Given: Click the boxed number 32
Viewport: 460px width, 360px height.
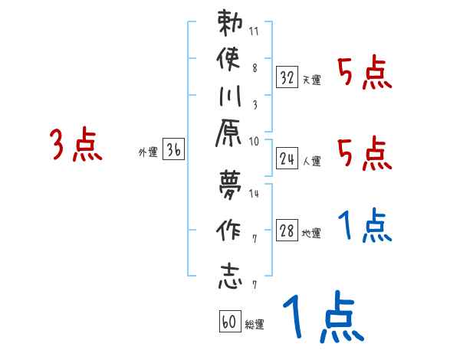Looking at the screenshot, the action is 287,77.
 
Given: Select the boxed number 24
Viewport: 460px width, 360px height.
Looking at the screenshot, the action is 287,159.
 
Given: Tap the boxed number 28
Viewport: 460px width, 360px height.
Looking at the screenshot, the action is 287,232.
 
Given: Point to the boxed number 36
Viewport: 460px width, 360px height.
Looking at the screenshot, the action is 173,151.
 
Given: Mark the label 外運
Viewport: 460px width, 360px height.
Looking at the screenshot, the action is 148,152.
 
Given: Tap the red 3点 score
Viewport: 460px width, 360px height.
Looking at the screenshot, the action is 76,145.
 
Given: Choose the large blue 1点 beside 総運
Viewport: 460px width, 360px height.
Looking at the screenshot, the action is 322,319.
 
